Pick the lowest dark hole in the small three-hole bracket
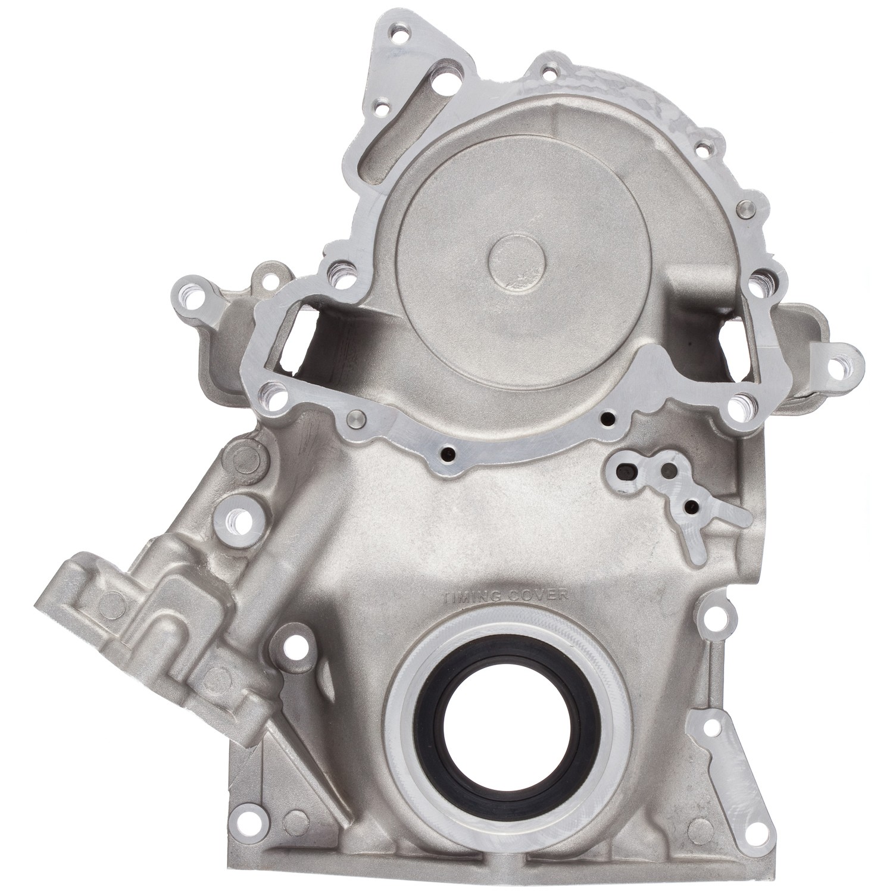tap(691, 507)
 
